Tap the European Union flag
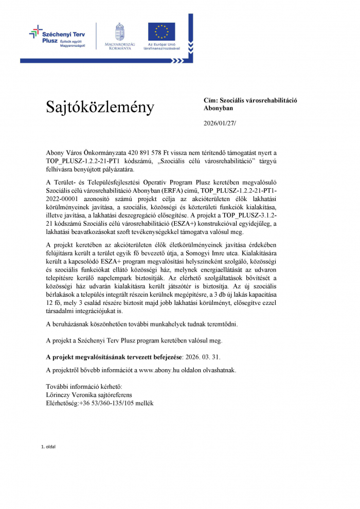[161, 31]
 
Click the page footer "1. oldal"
[48, 446]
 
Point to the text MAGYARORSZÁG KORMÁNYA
[120, 46]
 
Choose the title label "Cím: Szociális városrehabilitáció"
[250, 101]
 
